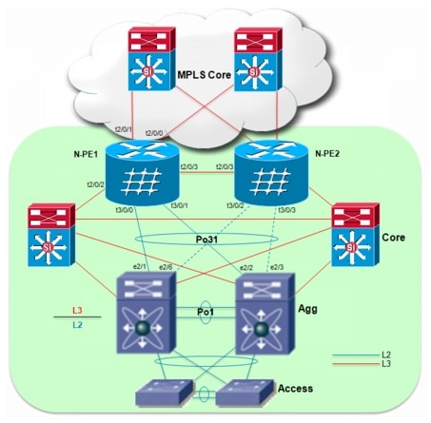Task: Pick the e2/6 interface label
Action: (x=167, y=267)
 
